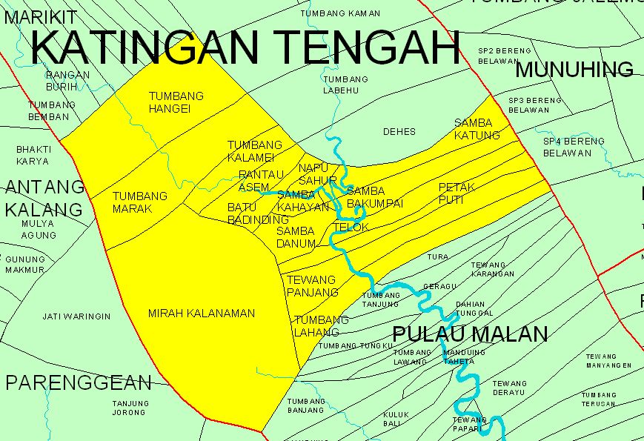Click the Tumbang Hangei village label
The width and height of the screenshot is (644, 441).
(176, 102)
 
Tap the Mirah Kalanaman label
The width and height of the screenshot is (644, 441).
(201, 314)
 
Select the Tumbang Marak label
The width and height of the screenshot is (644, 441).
(140, 202)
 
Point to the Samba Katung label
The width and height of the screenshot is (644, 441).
(477, 129)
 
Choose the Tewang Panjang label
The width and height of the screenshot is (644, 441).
(312, 286)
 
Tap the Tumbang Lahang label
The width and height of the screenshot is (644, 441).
(321, 326)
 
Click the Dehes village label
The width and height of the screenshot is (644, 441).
(399, 132)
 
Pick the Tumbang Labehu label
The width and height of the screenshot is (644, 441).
(345, 85)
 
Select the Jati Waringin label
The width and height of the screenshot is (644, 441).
(76, 316)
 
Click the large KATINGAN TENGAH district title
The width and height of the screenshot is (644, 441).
(245, 47)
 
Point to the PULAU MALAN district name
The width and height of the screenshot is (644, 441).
(470, 334)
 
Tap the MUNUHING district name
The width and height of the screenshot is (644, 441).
(574, 70)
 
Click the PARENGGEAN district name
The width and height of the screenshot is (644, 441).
(78, 382)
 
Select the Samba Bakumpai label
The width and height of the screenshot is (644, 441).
(374, 197)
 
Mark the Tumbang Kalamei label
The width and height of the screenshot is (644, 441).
(254, 151)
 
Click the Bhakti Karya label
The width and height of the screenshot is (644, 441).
(33, 155)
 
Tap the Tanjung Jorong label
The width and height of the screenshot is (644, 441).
(130, 408)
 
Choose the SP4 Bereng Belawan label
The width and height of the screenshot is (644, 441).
(574, 147)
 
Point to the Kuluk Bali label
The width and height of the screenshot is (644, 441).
(391, 419)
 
